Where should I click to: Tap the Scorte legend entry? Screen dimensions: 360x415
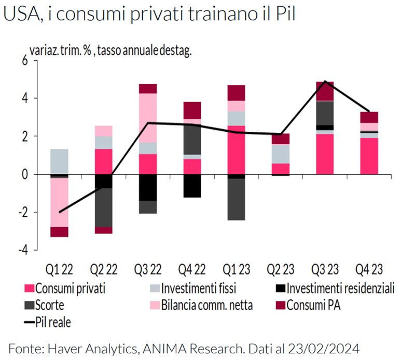(x=50, y=305)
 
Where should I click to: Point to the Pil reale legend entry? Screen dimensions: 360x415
(x=52, y=322)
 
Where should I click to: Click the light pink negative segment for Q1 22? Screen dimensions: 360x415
(x=60, y=202)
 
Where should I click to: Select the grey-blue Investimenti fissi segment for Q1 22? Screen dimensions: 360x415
(x=60, y=161)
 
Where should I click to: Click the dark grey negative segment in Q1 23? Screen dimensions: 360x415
(x=237, y=200)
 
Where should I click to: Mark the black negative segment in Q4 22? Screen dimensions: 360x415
(x=192, y=186)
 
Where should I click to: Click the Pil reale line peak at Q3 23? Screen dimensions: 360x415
(x=325, y=81)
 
